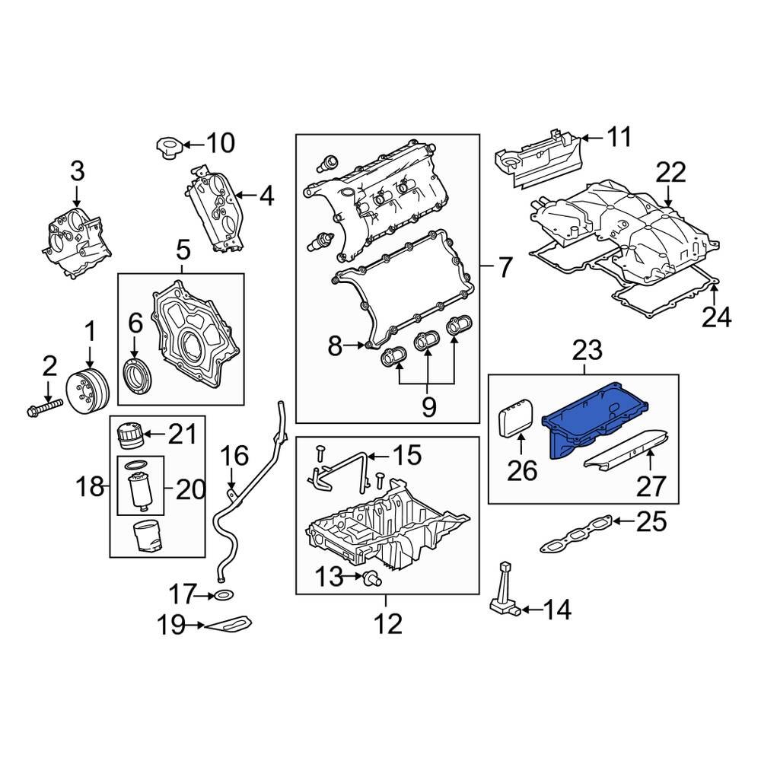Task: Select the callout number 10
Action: pos(221,142)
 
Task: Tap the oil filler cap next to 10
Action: pos(167,148)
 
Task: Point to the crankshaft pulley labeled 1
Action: pos(89,392)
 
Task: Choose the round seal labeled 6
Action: pos(137,378)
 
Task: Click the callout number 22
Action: pos(670,172)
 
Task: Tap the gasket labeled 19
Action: pos(229,626)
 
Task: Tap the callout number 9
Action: pos(428,407)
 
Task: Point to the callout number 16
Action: pos(234,457)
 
